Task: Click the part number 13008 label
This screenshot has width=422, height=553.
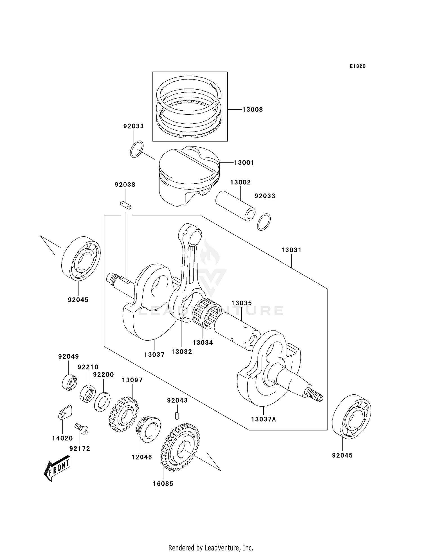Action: click(x=252, y=110)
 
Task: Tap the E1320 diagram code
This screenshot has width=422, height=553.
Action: click(x=358, y=66)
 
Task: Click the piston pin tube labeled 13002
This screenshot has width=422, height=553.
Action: click(x=235, y=206)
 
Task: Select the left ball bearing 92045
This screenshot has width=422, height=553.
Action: click(x=81, y=258)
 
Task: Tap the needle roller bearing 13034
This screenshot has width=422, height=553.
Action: click(x=207, y=313)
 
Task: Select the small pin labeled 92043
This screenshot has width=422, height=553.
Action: click(x=177, y=416)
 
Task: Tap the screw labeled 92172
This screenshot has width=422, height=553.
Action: click(x=82, y=428)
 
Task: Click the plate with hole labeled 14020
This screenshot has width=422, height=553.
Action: click(x=65, y=412)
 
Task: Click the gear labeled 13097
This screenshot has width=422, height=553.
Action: click(x=124, y=414)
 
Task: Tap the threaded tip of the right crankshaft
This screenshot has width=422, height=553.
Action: click(x=316, y=395)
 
